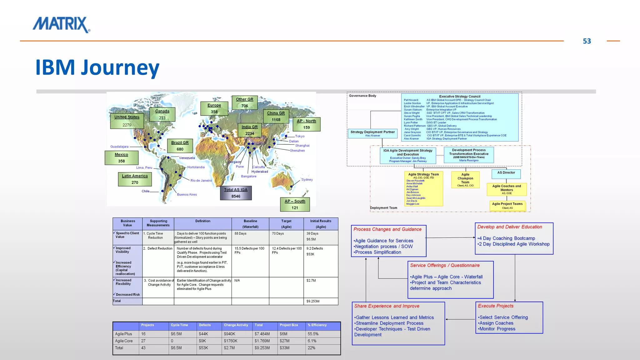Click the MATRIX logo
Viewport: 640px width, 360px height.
click(61, 25)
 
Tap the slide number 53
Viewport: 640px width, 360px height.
click(587, 41)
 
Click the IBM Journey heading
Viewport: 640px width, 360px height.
click(97, 67)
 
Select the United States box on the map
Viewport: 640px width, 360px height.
click(127, 121)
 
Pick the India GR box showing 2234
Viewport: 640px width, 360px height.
click(249, 130)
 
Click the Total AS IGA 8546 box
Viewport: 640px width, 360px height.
click(236, 193)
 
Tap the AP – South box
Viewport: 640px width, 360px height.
click(295, 204)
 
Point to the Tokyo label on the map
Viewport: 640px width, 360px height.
click(300, 136)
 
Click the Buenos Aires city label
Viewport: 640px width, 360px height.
click(187, 194)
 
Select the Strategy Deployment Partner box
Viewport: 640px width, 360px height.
click(372, 133)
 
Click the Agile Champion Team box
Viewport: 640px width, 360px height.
click(465, 180)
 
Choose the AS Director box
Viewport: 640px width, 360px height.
click(506, 173)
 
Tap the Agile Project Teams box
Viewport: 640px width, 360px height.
click(507, 205)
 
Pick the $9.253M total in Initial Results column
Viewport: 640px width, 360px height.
click(313, 301)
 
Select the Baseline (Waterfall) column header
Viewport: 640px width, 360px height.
click(250, 224)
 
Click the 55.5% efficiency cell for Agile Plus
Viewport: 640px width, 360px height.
click(313, 334)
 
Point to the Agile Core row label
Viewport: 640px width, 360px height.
click(124, 341)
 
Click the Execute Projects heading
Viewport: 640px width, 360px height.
click(496, 306)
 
